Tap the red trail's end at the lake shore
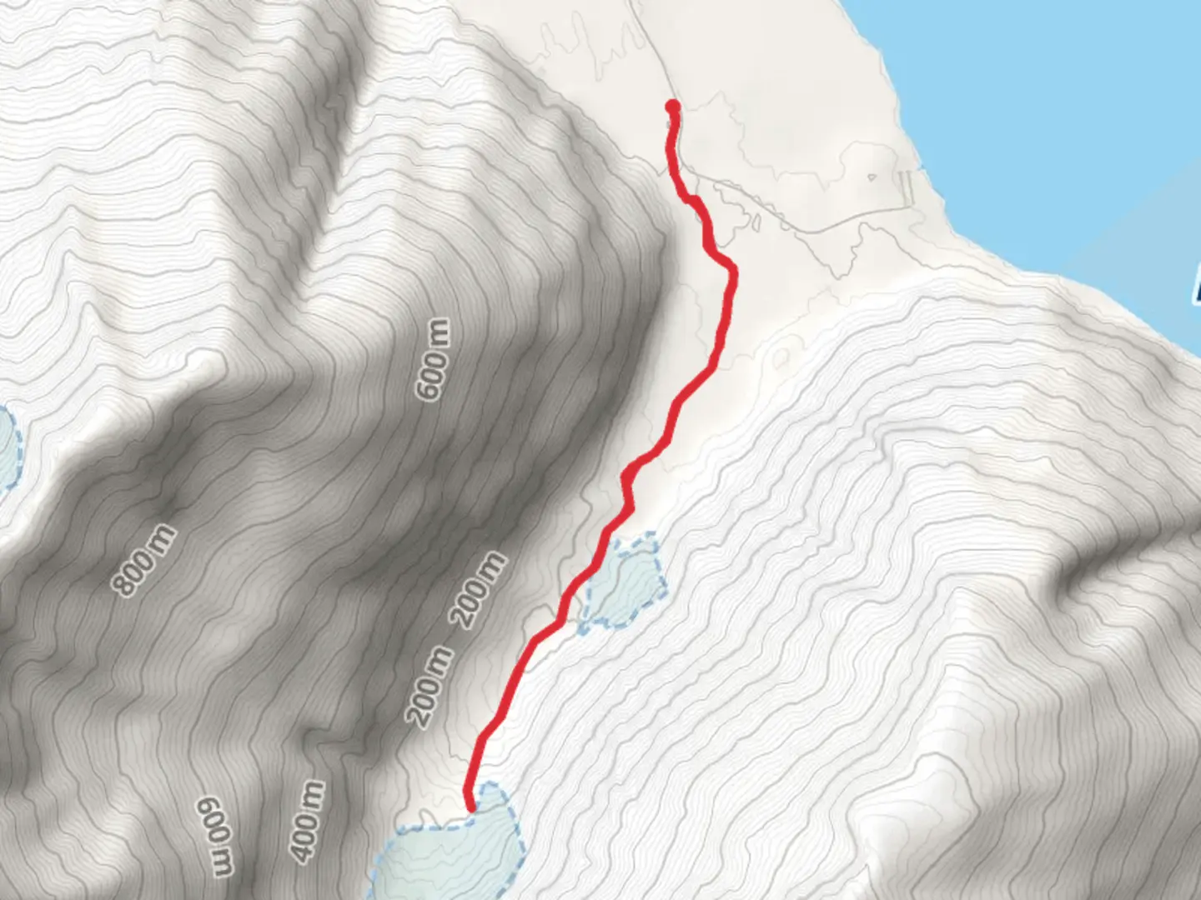point(470,807)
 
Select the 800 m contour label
point(145,561)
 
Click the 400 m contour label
point(306,821)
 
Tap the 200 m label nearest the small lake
point(479,590)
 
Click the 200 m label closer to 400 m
point(430,685)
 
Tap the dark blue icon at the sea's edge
point(1197,283)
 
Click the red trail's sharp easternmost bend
point(733,271)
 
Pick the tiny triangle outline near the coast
point(872,177)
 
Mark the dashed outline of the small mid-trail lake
point(663,575)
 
